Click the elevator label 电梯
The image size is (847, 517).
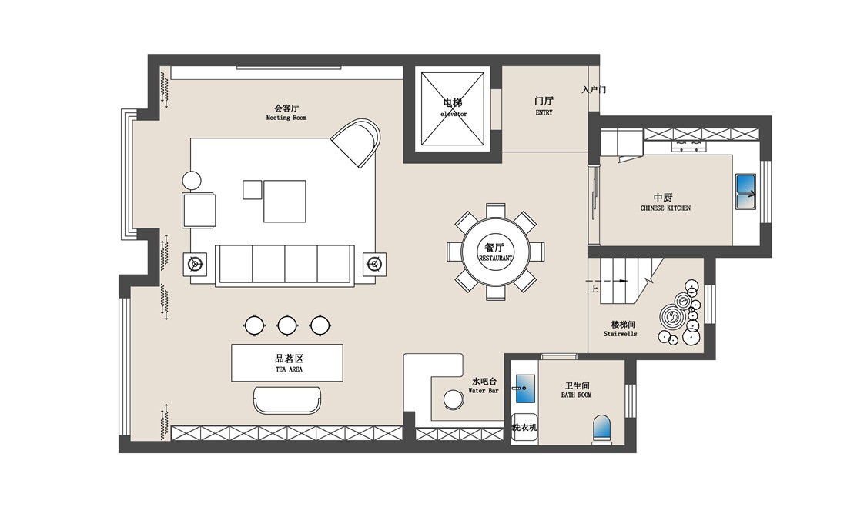point(453,102)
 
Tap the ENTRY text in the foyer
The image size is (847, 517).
point(544,112)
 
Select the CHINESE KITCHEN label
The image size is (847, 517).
point(665,208)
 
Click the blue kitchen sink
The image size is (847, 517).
point(746,191)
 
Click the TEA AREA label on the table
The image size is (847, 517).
point(289,369)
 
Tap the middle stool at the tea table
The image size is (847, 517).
point(287,325)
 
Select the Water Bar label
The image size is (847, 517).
point(484,390)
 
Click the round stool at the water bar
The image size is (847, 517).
point(454,399)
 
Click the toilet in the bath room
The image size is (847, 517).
point(602,429)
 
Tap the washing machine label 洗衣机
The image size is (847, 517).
point(524,427)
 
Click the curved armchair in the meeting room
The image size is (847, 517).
point(356,142)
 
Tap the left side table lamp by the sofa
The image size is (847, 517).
point(195,263)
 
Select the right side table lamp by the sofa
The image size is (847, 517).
point(373,263)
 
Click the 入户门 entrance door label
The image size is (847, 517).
point(594,89)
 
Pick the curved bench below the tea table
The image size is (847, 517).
point(287,399)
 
